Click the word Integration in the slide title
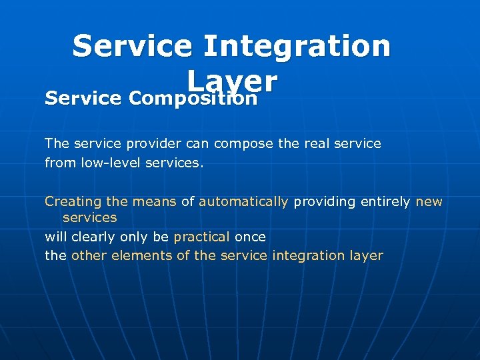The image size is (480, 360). [297, 46]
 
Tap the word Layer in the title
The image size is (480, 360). [232, 81]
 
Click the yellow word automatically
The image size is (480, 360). [243, 201]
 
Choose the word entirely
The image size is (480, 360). [385, 201]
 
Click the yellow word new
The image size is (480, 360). [429, 201]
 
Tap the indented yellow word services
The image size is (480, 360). [89, 218]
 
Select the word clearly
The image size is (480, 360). [94, 237]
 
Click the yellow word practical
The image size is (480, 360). [201, 237]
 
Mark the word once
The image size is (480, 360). [250, 237]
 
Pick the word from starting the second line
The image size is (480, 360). [57, 162]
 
